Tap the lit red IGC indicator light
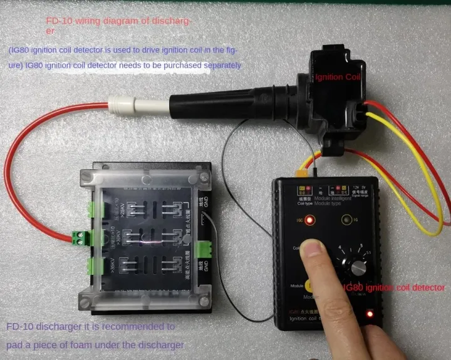(309, 220)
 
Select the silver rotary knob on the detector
(358, 267)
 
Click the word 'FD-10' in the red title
(58, 20)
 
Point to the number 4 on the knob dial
(341, 249)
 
